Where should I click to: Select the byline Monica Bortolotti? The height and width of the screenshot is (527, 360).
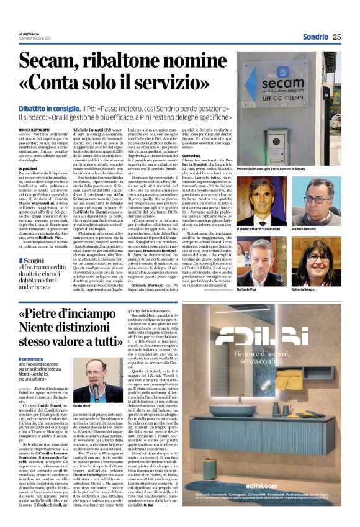[35, 128]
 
